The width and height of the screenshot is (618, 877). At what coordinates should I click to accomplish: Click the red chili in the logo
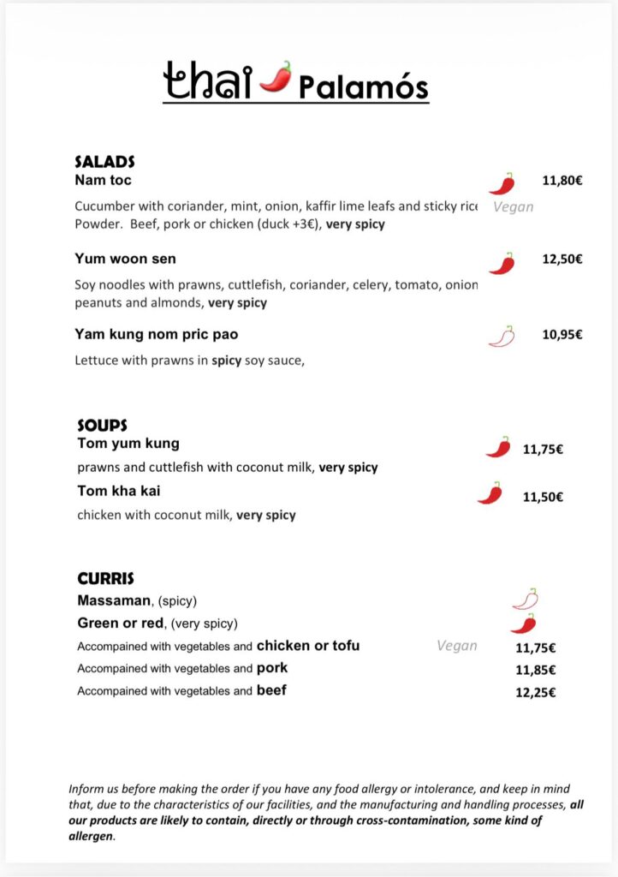pyautogui.click(x=276, y=76)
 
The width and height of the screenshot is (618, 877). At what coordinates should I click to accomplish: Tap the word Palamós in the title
pyautogui.click(x=363, y=87)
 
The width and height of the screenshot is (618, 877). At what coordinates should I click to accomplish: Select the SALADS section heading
pyautogui.click(x=104, y=161)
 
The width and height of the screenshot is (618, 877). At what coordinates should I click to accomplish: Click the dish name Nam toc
pyautogui.click(x=103, y=180)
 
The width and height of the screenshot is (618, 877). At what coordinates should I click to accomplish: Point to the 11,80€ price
pyautogui.click(x=562, y=181)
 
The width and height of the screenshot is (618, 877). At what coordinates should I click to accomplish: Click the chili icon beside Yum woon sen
pyautogui.click(x=502, y=263)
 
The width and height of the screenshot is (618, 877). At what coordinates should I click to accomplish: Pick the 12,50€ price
pyautogui.click(x=562, y=259)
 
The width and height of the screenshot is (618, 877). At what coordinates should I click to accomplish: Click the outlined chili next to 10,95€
pyautogui.click(x=502, y=337)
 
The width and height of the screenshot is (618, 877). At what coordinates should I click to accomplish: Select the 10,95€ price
pyautogui.click(x=562, y=334)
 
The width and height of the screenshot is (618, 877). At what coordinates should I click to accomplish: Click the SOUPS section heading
pyautogui.click(x=102, y=425)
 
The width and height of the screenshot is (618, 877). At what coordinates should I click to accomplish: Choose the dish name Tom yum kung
pyautogui.click(x=128, y=444)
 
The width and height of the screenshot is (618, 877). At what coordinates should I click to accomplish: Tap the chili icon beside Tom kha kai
pyautogui.click(x=490, y=493)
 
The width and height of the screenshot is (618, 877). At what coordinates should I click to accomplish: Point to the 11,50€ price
pyautogui.click(x=543, y=497)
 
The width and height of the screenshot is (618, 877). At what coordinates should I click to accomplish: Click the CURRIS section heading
pyautogui.click(x=105, y=579)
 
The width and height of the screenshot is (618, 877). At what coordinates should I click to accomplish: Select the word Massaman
pyautogui.click(x=114, y=600)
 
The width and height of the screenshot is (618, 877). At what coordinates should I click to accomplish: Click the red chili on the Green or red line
pyautogui.click(x=523, y=623)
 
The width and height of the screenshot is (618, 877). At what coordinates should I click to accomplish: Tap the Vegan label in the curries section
pyautogui.click(x=457, y=646)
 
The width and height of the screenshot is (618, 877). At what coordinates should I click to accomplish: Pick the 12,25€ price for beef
pyautogui.click(x=535, y=692)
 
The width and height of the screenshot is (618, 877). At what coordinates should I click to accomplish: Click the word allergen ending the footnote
pyautogui.click(x=91, y=836)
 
